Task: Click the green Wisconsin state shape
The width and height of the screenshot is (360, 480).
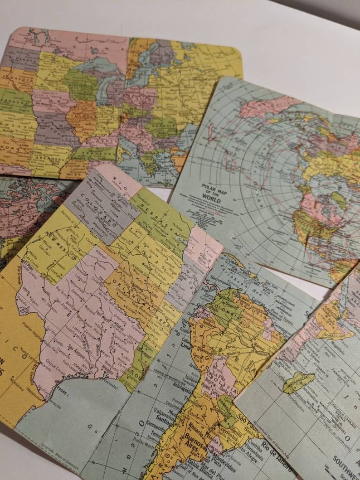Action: coord(79,84)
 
